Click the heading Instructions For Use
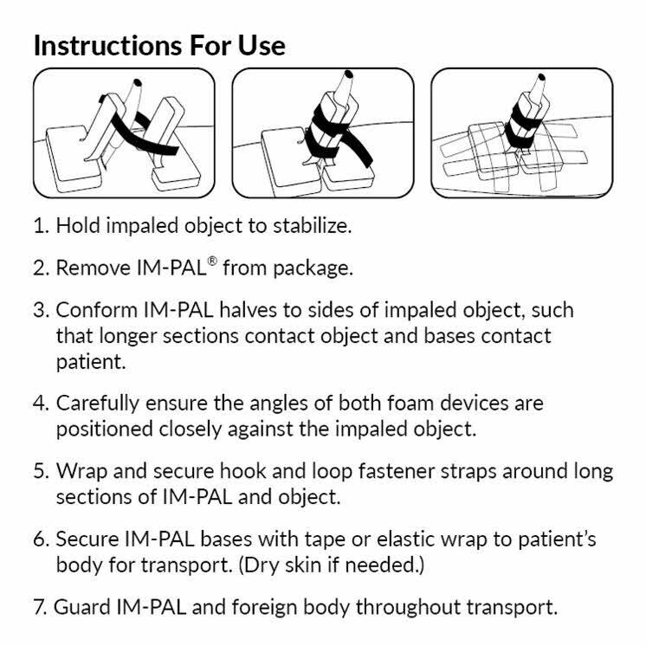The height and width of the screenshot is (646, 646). pyautogui.click(x=159, y=45)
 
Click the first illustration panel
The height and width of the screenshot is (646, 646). pyautogui.click(x=124, y=133)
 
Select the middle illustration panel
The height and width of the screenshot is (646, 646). pyautogui.click(x=322, y=133)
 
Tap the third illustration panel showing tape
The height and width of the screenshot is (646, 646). pyautogui.click(x=521, y=133)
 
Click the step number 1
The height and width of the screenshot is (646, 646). pyautogui.click(x=40, y=226)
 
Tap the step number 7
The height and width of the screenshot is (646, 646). pyautogui.click(x=40, y=606)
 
